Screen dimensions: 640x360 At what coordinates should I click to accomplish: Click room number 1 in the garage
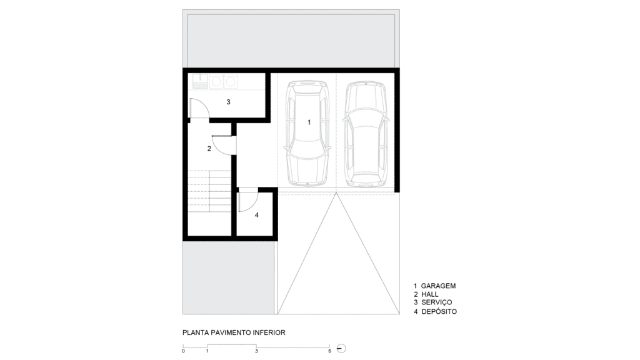(309, 122)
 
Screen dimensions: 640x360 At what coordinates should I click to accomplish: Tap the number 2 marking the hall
(209, 149)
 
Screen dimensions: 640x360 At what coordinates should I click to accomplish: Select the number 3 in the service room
(229, 102)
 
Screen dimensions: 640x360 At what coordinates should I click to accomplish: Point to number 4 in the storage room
(257, 215)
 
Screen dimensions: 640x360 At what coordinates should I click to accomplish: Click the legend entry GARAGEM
(438, 286)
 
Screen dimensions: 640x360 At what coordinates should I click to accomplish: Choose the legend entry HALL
(430, 294)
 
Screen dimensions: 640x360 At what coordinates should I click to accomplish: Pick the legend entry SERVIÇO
(437, 302)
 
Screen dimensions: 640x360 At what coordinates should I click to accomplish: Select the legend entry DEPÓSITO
(439, 311)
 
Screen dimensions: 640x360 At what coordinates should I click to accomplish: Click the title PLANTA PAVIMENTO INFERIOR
(234, 332)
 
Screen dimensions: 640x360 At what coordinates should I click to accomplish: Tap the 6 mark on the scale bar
(329, 351)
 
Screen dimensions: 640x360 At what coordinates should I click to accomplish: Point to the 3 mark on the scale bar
(256, 351)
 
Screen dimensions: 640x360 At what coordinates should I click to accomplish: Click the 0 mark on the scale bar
(183, 351)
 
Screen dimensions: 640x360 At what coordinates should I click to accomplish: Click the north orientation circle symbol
(342, 349)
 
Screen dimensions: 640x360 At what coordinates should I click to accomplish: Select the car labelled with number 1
(308, 133)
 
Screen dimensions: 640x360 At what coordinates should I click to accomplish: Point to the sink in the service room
(200, 82)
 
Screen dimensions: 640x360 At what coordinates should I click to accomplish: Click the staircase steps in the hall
(209, 191)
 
